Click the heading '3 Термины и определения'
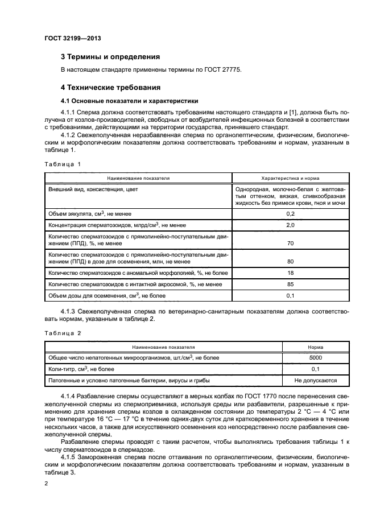click(x=110, y=57)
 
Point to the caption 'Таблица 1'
click(x=63, y=163)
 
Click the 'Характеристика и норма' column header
click(x=290, y=178)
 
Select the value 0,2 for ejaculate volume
click(x=290, y=213)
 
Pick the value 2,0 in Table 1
click(x=290, y=225)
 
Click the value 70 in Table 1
click(x=290, y=243)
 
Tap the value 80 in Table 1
click(x=290, y=262)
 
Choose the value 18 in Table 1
click(x=290, y=274)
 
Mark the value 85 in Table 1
click(x=290, y=284)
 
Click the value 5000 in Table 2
click(x=316, y=357)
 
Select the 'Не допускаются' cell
click(x=316, y=380)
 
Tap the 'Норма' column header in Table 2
click(x=316, y=346)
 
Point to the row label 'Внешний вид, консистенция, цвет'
click(x=93, y=189)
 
